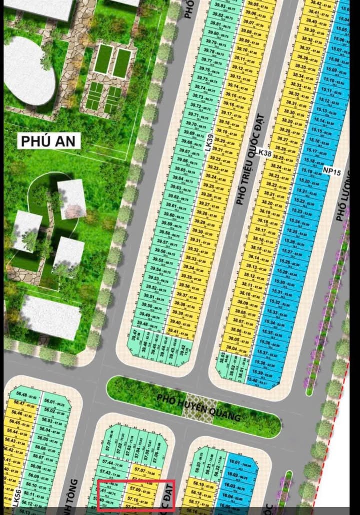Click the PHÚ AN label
coord(49,141)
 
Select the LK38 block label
coord(263,154)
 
